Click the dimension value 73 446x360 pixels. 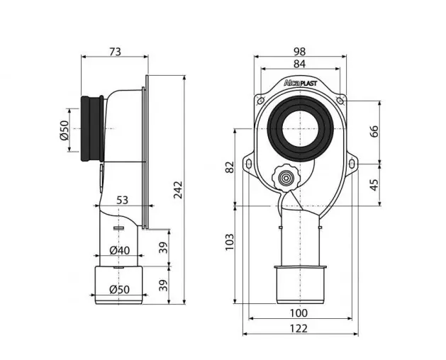pyautogui.click(x=115, y=52)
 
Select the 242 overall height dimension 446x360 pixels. pyautogui.click(x=178, y=190)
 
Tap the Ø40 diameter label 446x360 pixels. pyautogui.click(x=119, y=251)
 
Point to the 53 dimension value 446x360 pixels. pyautogui.click(x=122, y=200)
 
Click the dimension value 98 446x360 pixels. pyautogui.click(x=300, y=52)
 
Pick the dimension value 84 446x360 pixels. pyautogui.click(x=300, y=64)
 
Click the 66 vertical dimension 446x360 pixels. pyautogui.click(x=375, y=131)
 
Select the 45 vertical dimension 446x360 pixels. pyautogui.click(x=375, y=185)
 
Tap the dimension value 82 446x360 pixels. pyautogui.click(x=230, y=167)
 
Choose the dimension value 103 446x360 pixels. pyautogui.click(x=230, y=242)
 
